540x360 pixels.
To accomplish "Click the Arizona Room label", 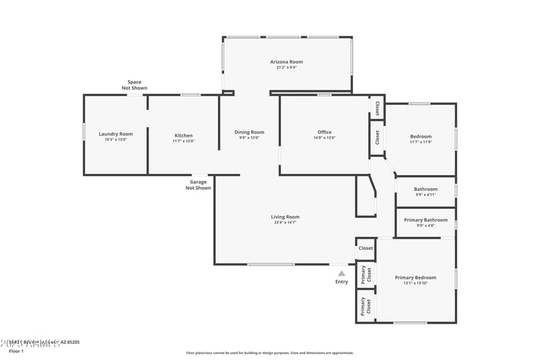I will coord(286,61).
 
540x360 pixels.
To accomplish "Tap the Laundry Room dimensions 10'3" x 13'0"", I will coord(115,140).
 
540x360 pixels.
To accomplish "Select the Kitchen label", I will coord(184,135).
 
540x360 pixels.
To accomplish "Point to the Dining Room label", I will coord(249,132).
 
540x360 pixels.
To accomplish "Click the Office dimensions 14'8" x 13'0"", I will coord(325,138).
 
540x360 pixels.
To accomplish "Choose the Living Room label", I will coord(286,217).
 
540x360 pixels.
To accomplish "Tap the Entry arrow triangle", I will coord(342,274).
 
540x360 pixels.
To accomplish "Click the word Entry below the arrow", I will coord(342,282).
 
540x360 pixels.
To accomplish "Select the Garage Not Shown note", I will coord(198,185).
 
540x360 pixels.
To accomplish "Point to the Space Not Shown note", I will coord(134,85).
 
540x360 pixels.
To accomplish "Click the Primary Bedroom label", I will coord(415,278).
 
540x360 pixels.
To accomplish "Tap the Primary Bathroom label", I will coord(425,220).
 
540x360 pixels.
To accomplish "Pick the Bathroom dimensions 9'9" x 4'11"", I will coord(425,195).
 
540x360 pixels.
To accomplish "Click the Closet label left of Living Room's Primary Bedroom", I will coord(365,249).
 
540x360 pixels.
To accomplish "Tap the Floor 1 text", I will coord(16,351).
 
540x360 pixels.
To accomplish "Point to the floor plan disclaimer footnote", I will coord(269,353).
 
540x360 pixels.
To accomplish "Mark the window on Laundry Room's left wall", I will coord(84,131).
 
